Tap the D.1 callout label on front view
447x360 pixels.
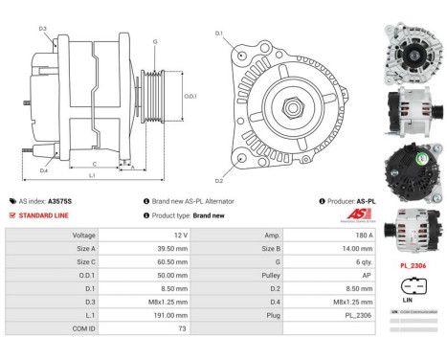coord(218,34)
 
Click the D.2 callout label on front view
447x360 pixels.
coord(218,180)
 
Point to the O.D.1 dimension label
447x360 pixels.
coord(190,95)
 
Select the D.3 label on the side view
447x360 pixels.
coord(43,29)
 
